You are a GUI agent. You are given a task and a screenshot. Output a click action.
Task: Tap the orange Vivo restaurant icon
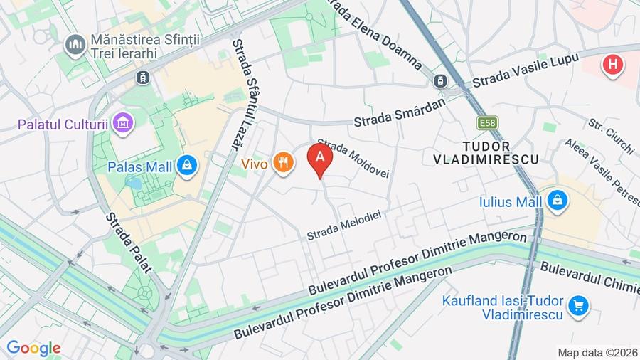point(284,164)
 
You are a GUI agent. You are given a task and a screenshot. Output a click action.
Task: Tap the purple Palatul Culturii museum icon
point(124,124)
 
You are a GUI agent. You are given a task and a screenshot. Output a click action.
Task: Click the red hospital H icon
point(612,66)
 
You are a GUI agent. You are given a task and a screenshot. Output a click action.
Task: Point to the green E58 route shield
point(488,123)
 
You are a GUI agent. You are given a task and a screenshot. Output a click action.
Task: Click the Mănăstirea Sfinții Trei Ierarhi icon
point(74,46)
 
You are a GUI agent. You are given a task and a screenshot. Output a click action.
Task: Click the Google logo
point(33,348)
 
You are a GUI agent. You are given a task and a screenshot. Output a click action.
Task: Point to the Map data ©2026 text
point(596,352)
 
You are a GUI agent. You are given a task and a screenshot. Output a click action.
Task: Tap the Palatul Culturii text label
point(63,125)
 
